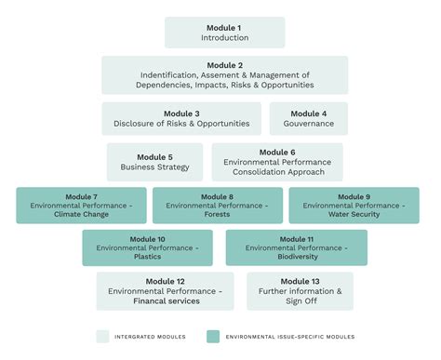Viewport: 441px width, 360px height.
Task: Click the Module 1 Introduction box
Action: tap(224, 33)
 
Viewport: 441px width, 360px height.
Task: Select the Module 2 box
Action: tap(224, 75)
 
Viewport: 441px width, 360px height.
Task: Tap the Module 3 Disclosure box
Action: tap(182, 118)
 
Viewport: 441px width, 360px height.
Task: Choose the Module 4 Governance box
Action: tap(308, 118)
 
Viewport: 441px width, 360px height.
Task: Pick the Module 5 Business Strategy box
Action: tap(154, 161)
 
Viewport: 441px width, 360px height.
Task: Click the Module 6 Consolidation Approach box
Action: tap(277, 161)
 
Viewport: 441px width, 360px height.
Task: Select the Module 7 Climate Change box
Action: tap(81, 205)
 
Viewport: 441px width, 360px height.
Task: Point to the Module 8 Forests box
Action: tap(217, 205)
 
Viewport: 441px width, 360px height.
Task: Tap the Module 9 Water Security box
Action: tap(354, 205)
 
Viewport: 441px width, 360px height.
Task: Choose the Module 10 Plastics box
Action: tap(148, 247)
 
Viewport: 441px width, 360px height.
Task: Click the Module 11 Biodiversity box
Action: tap(296, 247)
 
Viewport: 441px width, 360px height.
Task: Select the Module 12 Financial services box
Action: tap(166, 290)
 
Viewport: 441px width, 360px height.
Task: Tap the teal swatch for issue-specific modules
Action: tap(212, 335)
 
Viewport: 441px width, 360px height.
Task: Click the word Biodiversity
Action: tap(296, 257)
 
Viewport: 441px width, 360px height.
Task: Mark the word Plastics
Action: tap(148, 257)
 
